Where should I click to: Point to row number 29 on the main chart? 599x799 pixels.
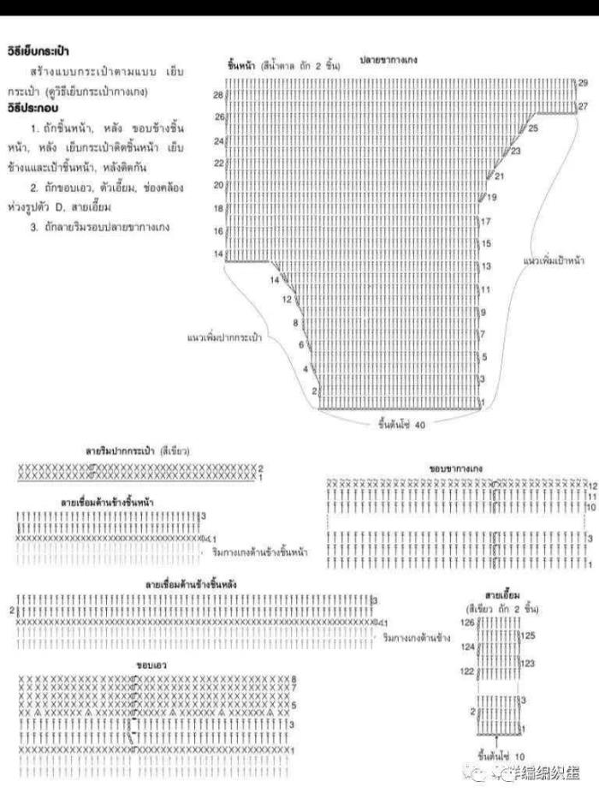(x=583, y=82)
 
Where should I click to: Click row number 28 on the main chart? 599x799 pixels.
(x=218, y=93)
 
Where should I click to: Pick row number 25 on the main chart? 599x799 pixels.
(x=534, y=128)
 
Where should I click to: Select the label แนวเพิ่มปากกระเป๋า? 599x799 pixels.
(x=224, y=337)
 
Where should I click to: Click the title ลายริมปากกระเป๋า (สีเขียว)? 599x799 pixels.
(x=137, y=450)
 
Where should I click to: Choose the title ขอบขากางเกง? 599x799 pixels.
(x=457, y=469)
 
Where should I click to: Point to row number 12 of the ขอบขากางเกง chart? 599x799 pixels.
(x=590, y=485)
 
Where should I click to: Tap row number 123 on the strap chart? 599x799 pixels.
(x=528, y=664)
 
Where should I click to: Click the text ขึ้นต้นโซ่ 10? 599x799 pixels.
(x=501, y=758)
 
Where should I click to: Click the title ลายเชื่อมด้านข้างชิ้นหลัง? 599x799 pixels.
(x=192, y=583)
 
